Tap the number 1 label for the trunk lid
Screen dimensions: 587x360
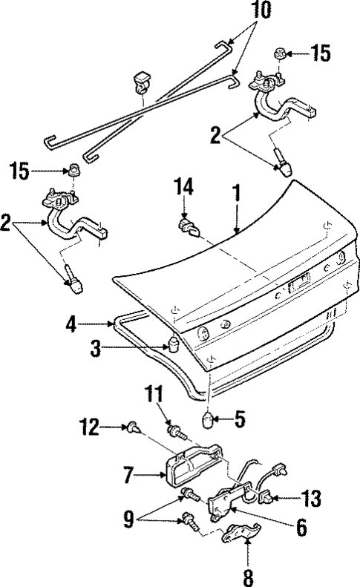(x=236, y=195)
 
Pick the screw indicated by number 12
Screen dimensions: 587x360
(x=133, y=427)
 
